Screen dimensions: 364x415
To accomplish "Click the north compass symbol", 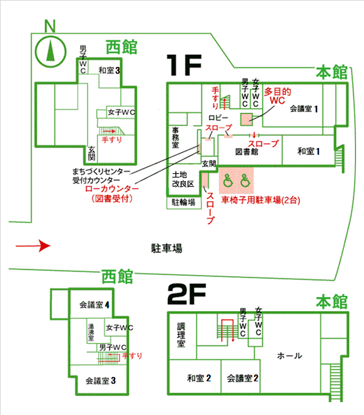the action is click(50, 51).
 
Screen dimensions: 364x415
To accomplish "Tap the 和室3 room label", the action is click(109, 71).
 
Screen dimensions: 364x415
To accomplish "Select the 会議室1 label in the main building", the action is click(304, 109).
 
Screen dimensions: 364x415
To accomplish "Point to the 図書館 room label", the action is click(247, 152).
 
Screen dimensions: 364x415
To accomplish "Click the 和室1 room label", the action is click(308, 152).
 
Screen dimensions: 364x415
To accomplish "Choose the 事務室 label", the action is click(175, 138).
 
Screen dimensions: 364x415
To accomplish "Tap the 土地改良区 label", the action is click(183, 179).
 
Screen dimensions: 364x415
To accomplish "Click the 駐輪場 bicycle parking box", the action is click(184, 203).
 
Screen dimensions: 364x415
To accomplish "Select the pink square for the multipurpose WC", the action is click(247, 119).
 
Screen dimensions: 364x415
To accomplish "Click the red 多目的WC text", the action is click(277, 96).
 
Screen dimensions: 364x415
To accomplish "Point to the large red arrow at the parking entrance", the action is click(33, 246).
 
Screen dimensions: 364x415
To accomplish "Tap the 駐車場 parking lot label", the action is click(167, 249).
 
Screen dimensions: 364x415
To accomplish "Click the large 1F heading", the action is click(184, 65).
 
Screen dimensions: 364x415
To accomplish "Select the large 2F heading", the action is click(187, 294).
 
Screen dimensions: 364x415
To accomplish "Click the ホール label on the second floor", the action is click(290, 356).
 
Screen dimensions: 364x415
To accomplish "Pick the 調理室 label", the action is click(181, 335).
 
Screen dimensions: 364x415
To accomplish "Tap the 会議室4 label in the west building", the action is click(94, 305).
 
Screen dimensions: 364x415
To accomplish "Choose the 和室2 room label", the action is click(199, 378).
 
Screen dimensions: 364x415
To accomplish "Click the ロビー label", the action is click(218, 118).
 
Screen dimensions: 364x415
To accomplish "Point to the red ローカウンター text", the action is click(112, 189).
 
